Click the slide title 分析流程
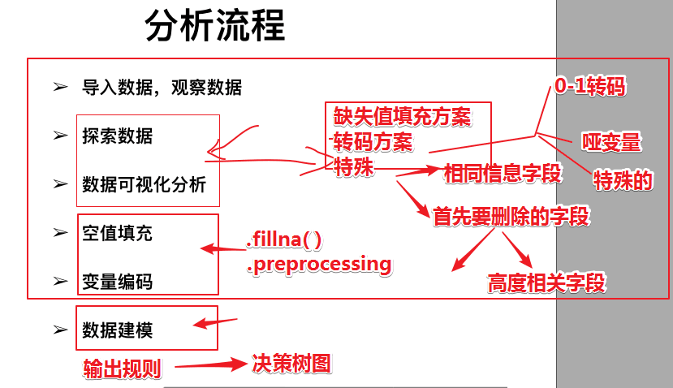[215, 26]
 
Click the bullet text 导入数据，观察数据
[162, 87]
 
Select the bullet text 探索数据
[117, 136]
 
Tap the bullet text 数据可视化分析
[145, 184]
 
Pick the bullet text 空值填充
[117, 234]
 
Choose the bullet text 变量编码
[117, 282]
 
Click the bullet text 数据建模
[117, 330]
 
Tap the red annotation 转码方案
[373, 140]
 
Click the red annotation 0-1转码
[590, 86]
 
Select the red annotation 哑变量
[612, 143]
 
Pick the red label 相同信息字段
[503, 172]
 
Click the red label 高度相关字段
[546, 282]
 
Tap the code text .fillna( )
[284, 240]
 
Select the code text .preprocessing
[318, 264]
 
